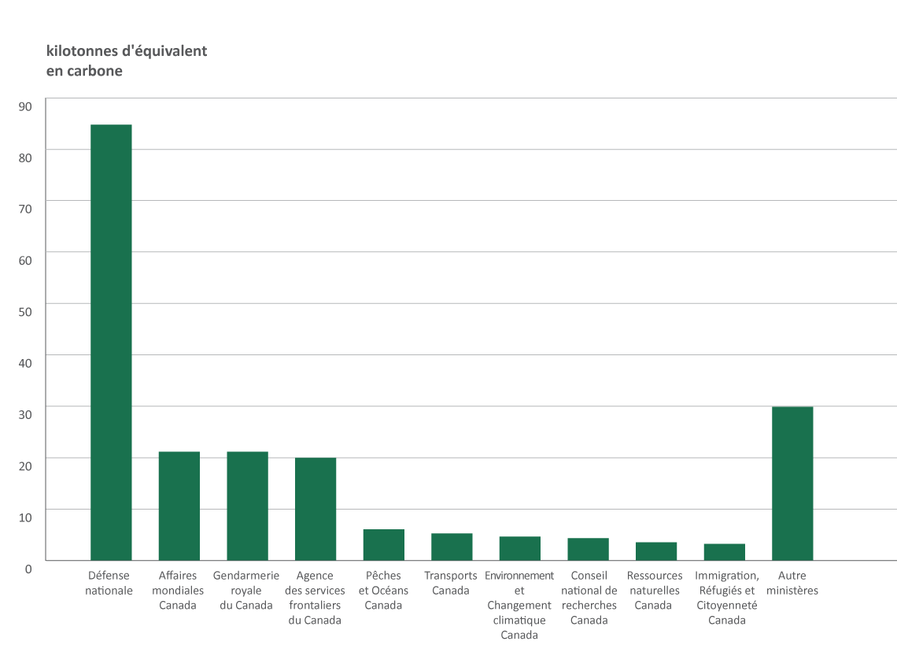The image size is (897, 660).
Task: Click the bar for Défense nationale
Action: coord(111,343)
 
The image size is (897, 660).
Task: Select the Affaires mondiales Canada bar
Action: coord(179,506)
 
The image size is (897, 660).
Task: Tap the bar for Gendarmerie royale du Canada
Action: coord(247,506)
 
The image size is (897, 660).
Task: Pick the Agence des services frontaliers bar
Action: coord(316,509)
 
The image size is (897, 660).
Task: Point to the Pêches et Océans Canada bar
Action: coord(384,545)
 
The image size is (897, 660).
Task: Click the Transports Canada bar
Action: coord(452,547)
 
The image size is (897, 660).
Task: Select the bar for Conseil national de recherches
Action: coord(589,549)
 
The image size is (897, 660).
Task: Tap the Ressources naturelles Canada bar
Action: coord(656,551)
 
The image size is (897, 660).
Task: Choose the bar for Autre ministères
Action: coord(792,484)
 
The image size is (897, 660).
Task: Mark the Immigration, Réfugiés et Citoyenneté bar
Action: coord(725,552)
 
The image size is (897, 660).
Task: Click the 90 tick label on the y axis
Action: coord(25,106)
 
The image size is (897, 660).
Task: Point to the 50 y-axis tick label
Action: coord(25,311)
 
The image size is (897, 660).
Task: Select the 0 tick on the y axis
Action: coord(28,568)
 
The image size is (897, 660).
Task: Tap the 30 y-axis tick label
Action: coord(25,413)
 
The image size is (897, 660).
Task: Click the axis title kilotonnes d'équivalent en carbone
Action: coord(127,61)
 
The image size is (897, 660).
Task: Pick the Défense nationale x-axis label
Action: coord(109,583)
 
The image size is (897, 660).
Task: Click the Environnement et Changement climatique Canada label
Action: coord(519,605)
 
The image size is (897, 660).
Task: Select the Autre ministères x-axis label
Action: coord(792,583)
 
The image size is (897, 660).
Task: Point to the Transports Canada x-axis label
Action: coord(451,583)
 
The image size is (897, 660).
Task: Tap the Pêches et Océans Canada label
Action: coord(383,590)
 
